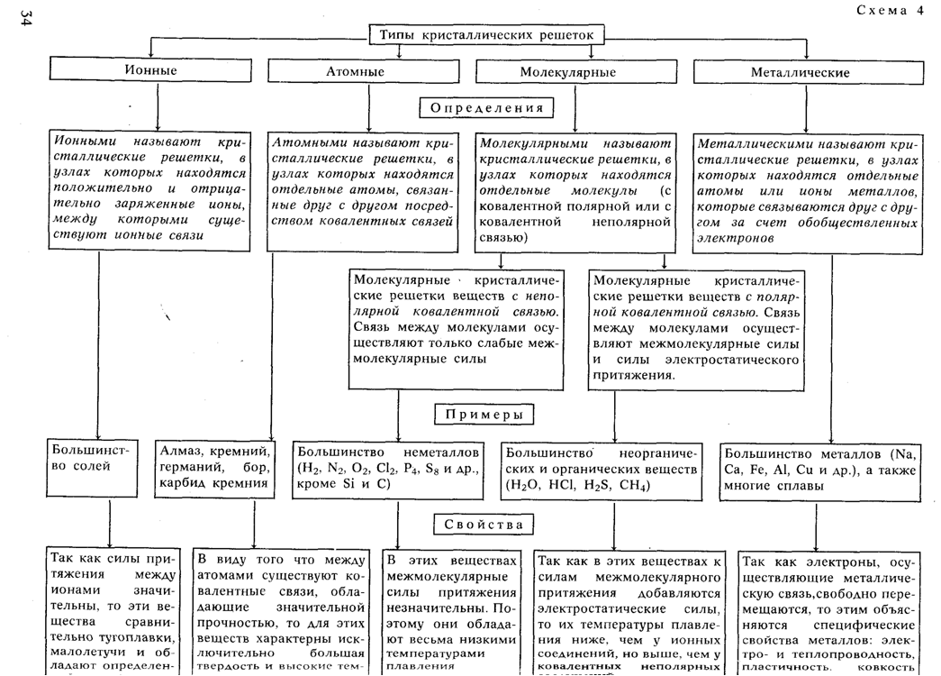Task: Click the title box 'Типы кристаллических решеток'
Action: [487, 33]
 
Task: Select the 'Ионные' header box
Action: [158, 69]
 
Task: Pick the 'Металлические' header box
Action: [801, 71]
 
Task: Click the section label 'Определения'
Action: [486, 108]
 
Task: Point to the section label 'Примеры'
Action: [484, 414]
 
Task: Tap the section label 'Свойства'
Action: [484, 525]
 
